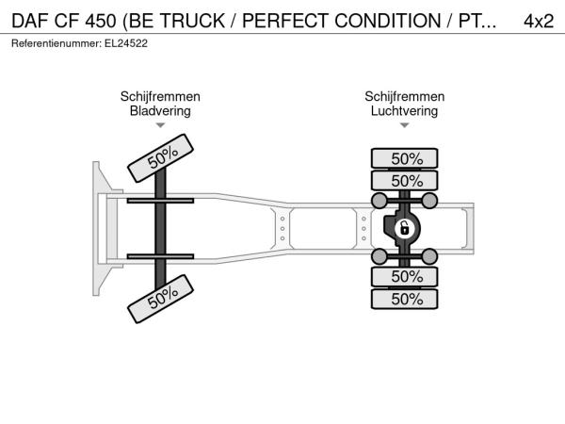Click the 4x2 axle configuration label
pyautogui.click(x=539, y=21)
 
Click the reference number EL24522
pyautogui.click(x=126, y=43)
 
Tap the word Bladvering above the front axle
pyautogui.click(x=160, y=110)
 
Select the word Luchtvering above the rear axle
pyautogui.click(x=404, y=110)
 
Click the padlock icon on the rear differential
pyautogui.click(x=405, y=228)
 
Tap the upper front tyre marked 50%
pyautogui.click(x=161, y=158)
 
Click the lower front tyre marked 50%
pyautogui.click(x=161, y=299)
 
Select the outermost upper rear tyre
pyautogui.click(x=405, y=158)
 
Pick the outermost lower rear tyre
pyautogui.click(x=405, y=299)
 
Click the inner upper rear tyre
pyautogui.click(x=405, y=180)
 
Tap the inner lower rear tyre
pyautogui.click(x=405, y=276)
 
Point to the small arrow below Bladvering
pyautogui.click(x=160, y=125)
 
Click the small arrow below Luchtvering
pyautogui.click(x=405, y=125)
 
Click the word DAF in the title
pyautogui.click(x=31, y=21)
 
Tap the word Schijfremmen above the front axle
pyautogui.click(x=160, y=97)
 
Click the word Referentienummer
pyautogui.click(x=56, y=43)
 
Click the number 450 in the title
pyautogui.click(x=101, y=21)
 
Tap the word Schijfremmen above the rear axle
pyautogui.click(x=405, y=97)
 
